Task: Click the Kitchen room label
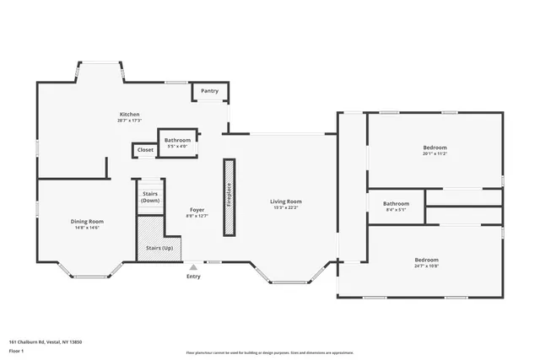(129, 114)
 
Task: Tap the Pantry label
(210, 90)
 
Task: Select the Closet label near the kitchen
(145, 150)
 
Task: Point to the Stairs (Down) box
(150, 196)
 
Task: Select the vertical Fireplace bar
(228, 196)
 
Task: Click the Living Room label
(285, 201)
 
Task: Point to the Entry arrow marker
(193, 266)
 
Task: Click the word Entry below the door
(193, 276)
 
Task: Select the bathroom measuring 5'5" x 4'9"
(177, 142)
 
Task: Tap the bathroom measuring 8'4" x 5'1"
(396, 206)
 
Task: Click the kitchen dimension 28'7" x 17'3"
(129, 121)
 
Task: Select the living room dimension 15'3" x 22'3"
(285, 208)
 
